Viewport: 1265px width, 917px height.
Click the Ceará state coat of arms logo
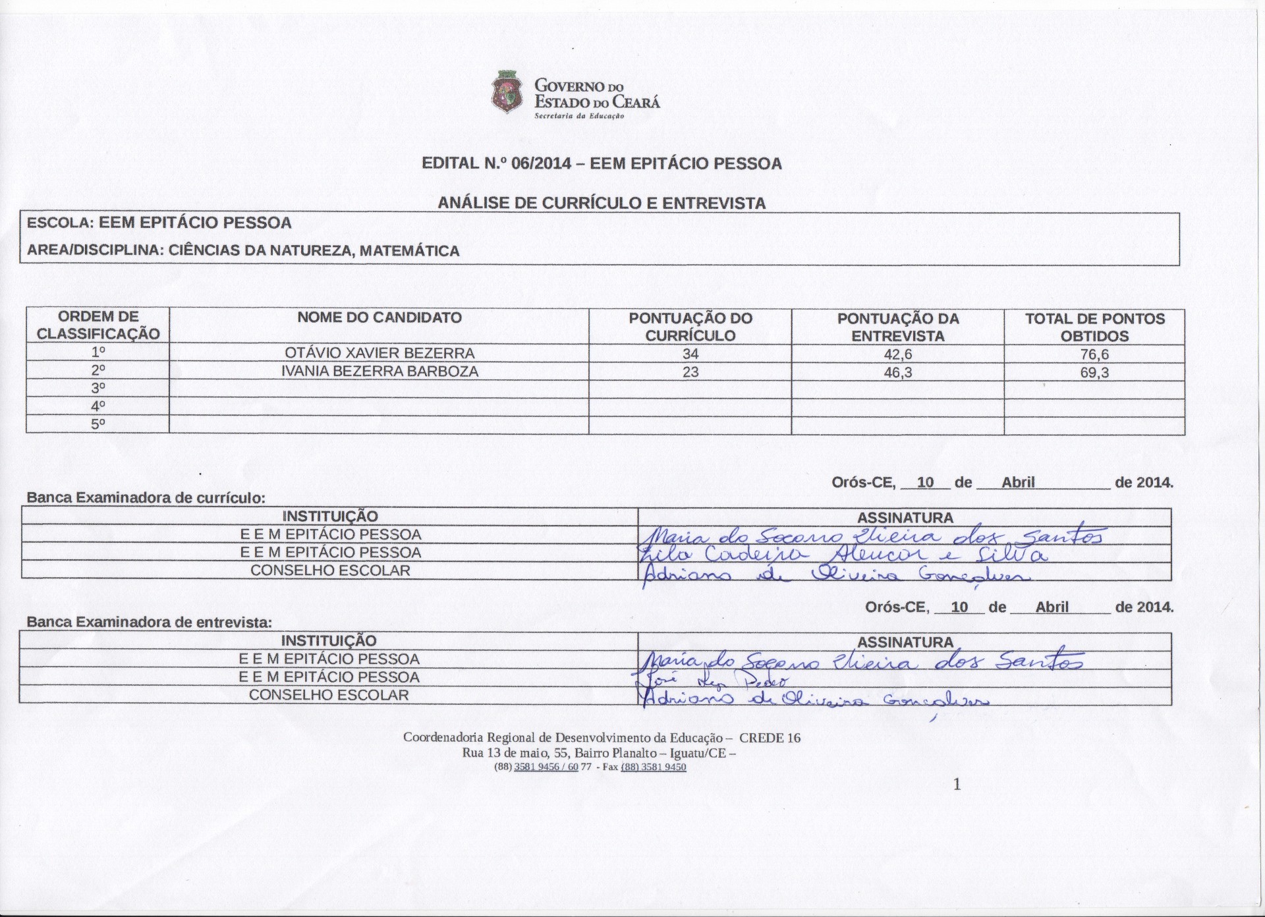tap(507, 94)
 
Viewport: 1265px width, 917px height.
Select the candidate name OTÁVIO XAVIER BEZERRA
tap(379, 353)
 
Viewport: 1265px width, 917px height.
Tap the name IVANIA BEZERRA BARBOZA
tap(379, 372)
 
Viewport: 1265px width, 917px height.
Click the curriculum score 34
tap(690, 354)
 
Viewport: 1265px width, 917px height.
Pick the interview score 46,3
tap(897, 372)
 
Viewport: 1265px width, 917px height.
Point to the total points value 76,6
tap(1094, 354)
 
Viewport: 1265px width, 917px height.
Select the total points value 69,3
tap(1094, 373)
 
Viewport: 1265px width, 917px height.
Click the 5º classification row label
tap(98, 424)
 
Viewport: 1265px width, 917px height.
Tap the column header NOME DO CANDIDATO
tap(379, 318)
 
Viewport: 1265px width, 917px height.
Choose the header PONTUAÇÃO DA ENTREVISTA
tap(897, 327)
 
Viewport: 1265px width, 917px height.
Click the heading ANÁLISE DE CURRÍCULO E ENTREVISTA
tap(602, 204)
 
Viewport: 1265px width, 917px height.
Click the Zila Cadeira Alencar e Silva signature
tap(840, 555)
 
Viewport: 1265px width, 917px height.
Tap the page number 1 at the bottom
tap(957, 784)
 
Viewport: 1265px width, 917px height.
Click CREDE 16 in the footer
tap(770, 738)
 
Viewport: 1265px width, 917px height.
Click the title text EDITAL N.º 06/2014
tap(495, 163)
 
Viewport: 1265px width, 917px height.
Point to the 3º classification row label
tap(98, 388)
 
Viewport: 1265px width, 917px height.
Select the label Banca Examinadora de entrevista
tap(149, 622)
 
